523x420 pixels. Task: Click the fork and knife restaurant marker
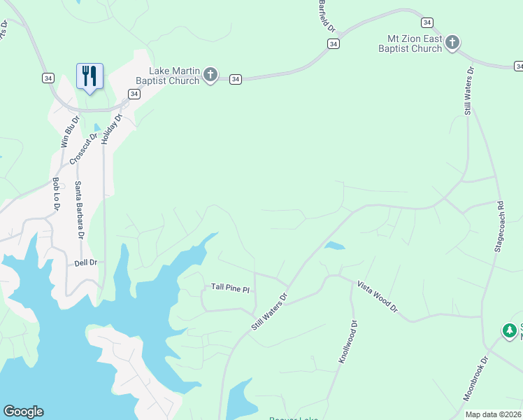click(89, 76)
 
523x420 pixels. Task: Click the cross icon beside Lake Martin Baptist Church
click(210, 76)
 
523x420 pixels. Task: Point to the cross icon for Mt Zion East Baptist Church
click(452, 43)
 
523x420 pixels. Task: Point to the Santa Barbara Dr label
click(79, 211)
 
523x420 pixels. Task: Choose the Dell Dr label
click(85, 262)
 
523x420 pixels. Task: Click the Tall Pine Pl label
click(230, 288)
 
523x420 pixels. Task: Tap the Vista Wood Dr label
click(377, 297)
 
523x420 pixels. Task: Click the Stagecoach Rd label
click(499, 227)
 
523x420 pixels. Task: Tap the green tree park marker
click(510, 330)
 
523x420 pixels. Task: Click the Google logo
click(23, 412)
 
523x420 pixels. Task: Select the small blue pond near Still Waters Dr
click(334, 246)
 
